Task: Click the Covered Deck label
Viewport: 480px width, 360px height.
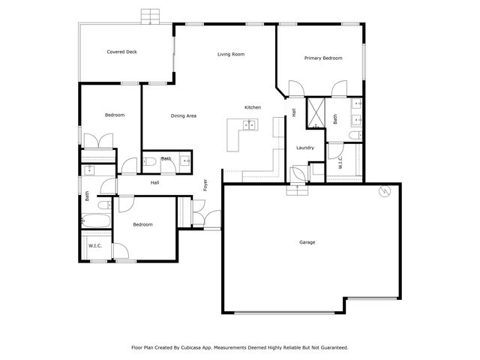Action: (x=121, y=52)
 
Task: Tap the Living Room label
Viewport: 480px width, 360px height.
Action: (x=231, y=54)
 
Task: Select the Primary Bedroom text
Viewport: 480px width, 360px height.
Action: (x=322, y=58)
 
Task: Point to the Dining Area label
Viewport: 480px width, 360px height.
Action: (x=183, y=115)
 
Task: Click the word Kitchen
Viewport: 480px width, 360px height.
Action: (x=253, y=108)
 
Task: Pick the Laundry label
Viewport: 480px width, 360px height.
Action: (x=304, y=148)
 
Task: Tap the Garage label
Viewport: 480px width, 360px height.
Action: (x=307, y=242)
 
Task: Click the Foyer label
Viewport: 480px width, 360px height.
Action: (x=205, y=185)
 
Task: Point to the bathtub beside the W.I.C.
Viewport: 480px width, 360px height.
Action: (x=96, y=221)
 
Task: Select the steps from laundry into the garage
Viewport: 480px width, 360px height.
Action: (x=298, y=189)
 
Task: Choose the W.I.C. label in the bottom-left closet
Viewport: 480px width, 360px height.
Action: (x=95, y=246)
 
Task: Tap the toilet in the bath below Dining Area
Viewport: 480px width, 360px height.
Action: (x=150, y=161)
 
